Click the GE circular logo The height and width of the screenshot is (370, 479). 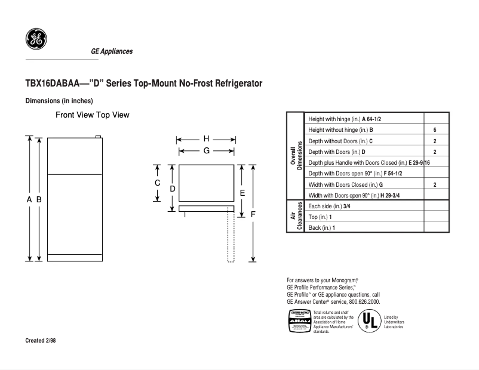36,39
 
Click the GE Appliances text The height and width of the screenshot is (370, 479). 112,51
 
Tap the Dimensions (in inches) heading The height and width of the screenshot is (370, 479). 59,101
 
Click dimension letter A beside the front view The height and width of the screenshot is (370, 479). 29,200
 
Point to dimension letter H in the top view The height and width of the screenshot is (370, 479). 206,138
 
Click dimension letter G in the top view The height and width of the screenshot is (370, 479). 206,151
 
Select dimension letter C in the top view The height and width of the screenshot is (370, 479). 158,183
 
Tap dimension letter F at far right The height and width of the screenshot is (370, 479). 253,214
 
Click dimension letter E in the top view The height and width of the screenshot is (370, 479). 242,193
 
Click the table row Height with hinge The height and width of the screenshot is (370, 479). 345,119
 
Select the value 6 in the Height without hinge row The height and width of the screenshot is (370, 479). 435,130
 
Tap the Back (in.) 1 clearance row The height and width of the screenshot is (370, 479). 323,228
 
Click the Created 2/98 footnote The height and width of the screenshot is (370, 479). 42,341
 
